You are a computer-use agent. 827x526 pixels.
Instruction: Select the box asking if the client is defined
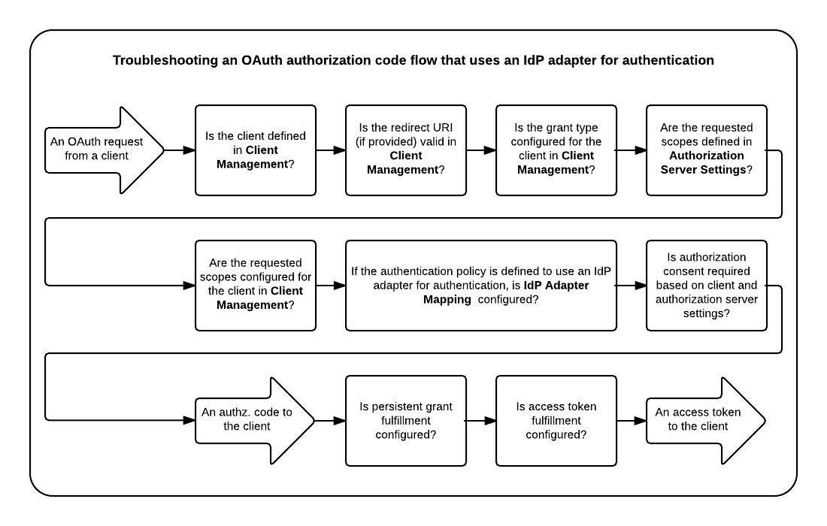point(256,150)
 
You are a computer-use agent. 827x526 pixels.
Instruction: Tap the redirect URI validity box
point(406,150)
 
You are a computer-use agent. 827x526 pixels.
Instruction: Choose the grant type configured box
point(556,150)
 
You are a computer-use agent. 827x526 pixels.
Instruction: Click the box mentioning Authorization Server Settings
point(707,150)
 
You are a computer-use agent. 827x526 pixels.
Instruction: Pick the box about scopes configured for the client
point(256,286)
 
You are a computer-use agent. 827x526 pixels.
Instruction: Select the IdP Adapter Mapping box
point(481,286)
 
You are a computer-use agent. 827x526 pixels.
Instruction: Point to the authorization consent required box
point(707,286)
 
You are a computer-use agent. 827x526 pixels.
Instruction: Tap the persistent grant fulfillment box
point(406,421)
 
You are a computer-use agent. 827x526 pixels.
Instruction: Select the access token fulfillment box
point(556,421)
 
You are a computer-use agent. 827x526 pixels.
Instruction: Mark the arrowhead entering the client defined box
point(189,150)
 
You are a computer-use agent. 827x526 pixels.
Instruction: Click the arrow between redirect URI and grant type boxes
point(481,150)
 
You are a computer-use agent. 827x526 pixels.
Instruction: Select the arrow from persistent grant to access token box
point(481,421)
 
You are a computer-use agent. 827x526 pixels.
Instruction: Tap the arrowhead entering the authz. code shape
point(189,421)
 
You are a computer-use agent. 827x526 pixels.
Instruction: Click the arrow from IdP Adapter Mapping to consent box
point(632,286)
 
